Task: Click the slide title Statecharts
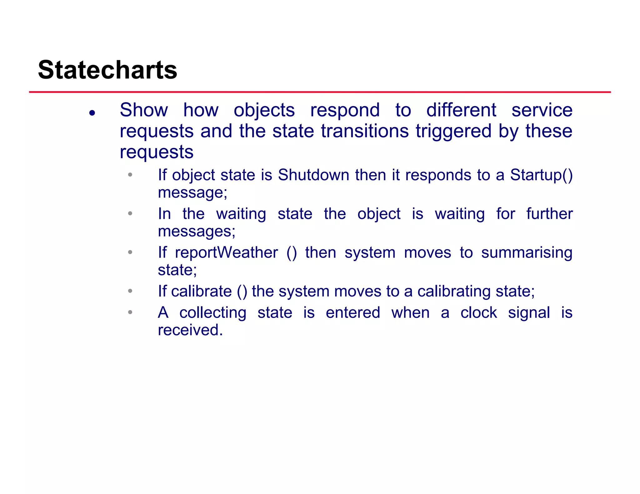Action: click(x=107, y=70)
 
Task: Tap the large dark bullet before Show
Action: click(x=92, y=113)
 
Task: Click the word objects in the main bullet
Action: click(x=264, y=111)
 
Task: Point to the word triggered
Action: click(x=453, y=131)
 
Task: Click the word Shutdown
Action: click(x=313, y=175)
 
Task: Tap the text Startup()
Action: click(x=541, y=175)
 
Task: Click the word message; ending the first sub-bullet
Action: click(x=192, y=193)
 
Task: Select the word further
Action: click(x=549, y=214)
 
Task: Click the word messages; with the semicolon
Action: click(x=197, y=231)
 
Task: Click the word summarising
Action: click(x=527, y=253)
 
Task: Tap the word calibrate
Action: click(x=202, y=291)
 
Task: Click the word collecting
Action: click(x=213, y=313)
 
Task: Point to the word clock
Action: click(x=478, y=313)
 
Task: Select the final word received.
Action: click(x=190, y=330)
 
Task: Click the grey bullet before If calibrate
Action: click(x=130, y=291)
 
